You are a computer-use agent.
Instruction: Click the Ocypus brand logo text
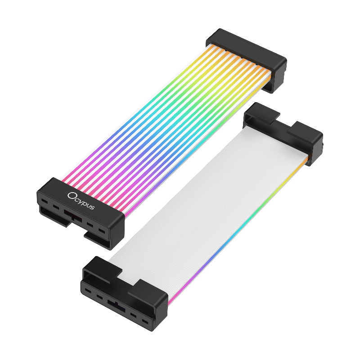(x=81, y=201)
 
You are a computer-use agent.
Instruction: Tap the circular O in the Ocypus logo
(x=72, y=196)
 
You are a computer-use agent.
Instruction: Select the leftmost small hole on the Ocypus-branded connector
(x=44, y=202)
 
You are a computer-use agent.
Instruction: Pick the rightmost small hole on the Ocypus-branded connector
(x=102, y=231)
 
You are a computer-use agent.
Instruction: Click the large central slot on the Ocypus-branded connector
(x=73, y=216)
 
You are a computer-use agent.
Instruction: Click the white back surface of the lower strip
(x=207, y=202)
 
